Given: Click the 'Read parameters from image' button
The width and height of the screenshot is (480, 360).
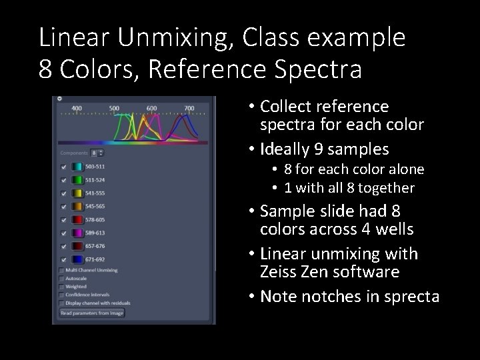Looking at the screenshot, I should pos(91,313).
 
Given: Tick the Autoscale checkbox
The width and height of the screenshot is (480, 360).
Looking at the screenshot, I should pos(62,278).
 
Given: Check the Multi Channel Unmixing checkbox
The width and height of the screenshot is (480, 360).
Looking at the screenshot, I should pos(62,270).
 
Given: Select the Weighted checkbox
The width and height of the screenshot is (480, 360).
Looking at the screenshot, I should pos(62,286).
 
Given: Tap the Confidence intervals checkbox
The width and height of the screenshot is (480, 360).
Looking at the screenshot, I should pos(62,294).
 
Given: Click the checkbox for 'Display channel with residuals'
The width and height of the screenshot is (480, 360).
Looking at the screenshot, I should pos(62,302).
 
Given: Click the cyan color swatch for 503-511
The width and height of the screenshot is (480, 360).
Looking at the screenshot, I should pos(77,167).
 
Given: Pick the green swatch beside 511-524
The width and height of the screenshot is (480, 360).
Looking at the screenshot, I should pos(77,180).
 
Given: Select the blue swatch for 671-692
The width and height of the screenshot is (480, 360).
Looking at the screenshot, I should pos(77,259).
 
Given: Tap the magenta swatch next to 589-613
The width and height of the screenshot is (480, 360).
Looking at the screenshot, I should pos(77,233).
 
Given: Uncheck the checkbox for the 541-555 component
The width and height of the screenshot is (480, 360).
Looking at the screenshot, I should pos(63,193).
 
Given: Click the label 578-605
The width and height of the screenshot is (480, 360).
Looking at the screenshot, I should pos(95,219).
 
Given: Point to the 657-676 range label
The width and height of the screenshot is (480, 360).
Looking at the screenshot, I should pos(95,246).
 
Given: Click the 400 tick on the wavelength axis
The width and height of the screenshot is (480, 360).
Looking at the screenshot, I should pos(77,108).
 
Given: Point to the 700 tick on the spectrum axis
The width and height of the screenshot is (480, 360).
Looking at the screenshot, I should pos(189,108).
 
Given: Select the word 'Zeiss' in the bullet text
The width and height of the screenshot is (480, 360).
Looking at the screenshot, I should pos(281,272).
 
